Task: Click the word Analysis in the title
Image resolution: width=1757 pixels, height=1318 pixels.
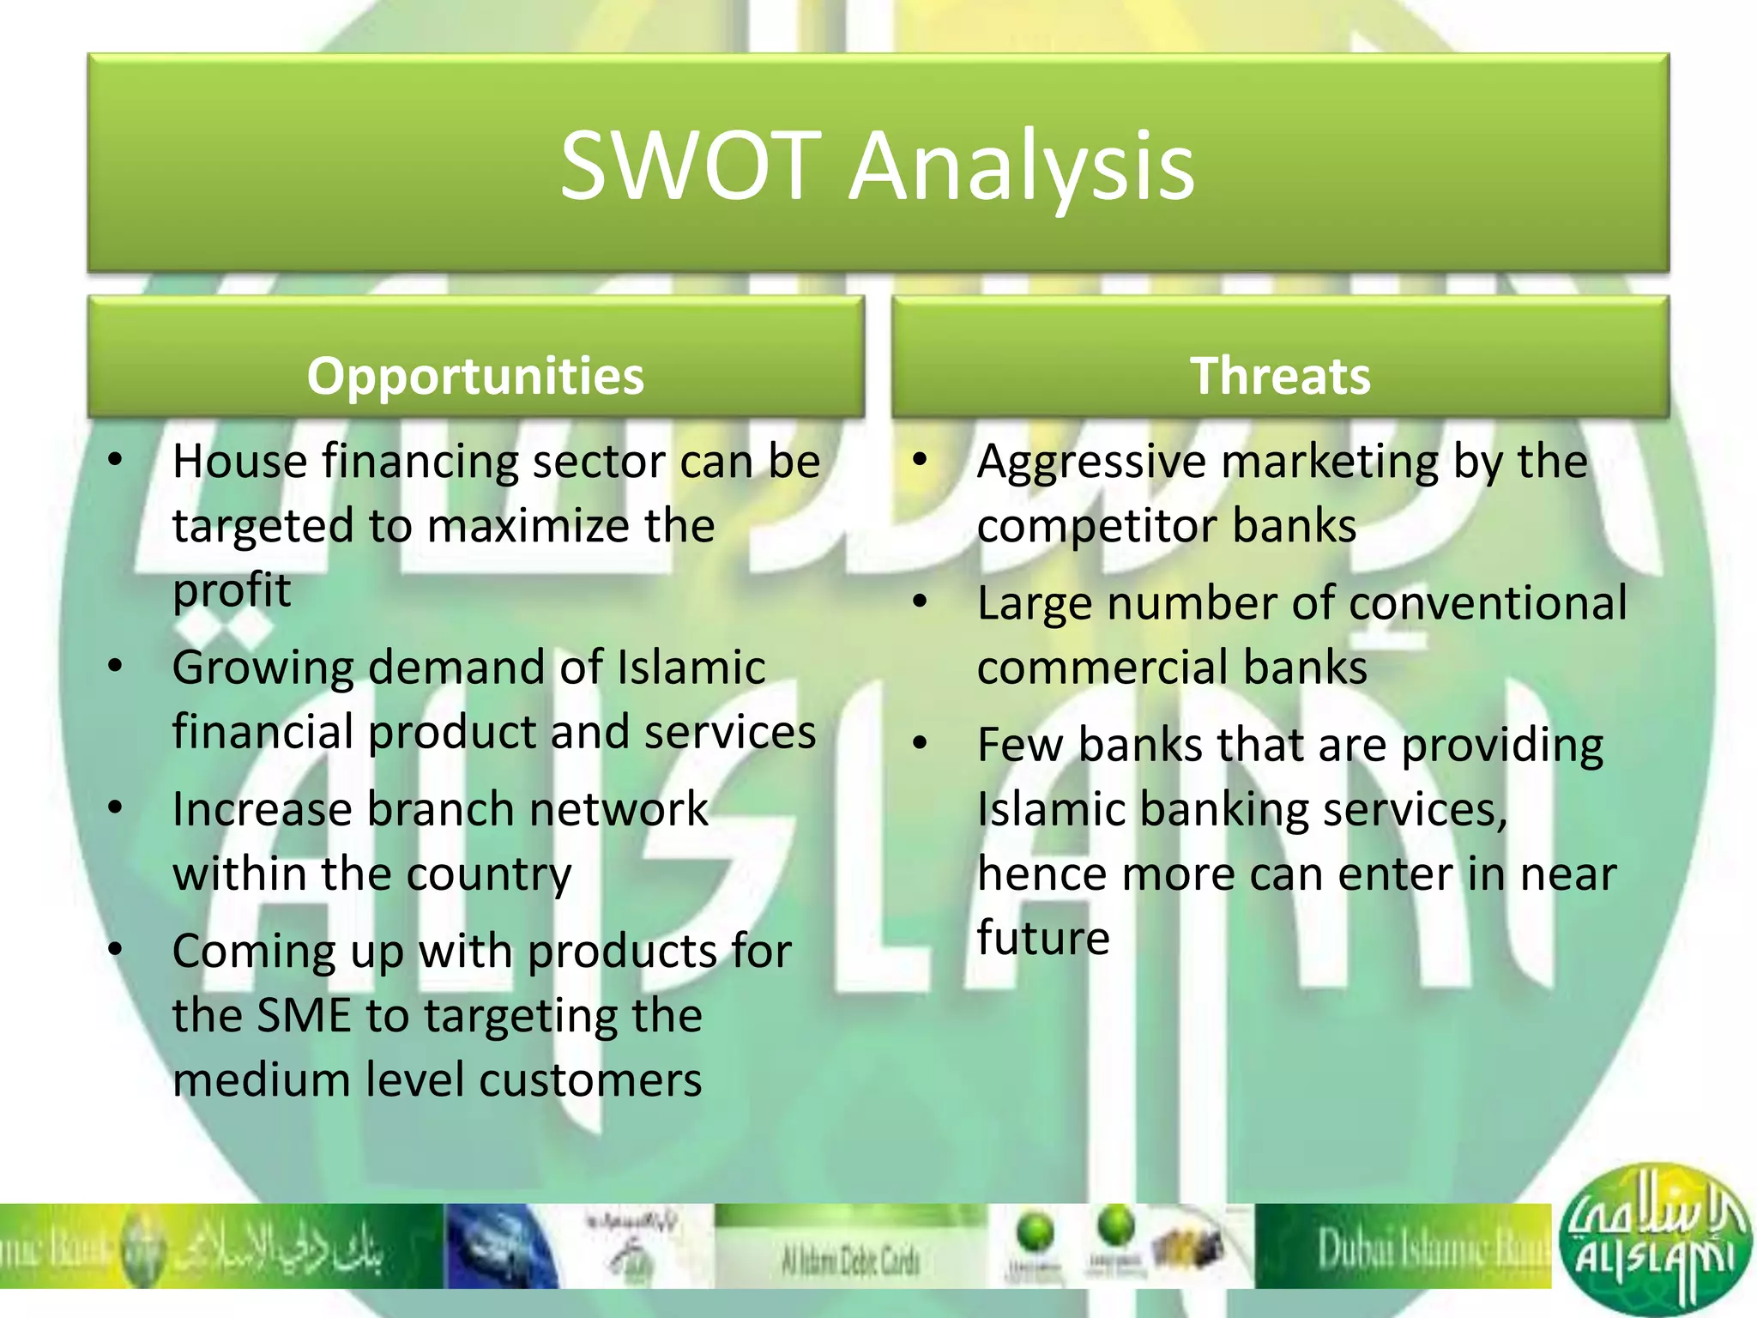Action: click(1022, 167)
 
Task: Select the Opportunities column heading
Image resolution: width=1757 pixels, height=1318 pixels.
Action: click(475, 376)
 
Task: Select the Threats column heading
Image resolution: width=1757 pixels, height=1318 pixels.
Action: click(1280, 376)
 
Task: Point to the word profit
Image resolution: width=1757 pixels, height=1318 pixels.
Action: click(232, 590)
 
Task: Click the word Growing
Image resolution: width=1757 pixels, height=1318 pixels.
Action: click(263, 669)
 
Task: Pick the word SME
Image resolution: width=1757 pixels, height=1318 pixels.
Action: click(305, 1015)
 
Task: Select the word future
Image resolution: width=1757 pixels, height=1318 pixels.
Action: click(1043, 937)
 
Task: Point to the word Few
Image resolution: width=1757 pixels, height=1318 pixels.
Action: click(1020, 745)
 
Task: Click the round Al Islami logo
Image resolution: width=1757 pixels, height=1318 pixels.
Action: click(1651, 1240)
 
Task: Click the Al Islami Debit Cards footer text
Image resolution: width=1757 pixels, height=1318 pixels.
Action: click(850, 1260)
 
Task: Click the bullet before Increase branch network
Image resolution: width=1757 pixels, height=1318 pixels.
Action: click(116, 807)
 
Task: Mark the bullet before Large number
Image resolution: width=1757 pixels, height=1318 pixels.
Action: click(921, 602)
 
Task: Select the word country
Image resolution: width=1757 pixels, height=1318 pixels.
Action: click(488, 875)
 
